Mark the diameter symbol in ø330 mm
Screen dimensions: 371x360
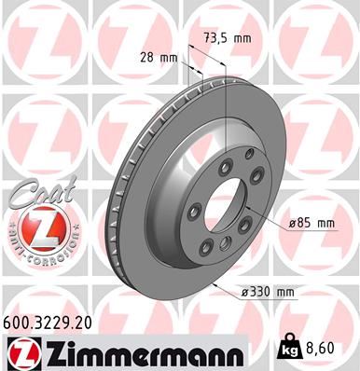[242, 292]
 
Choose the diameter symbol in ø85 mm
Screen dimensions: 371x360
[290, 223]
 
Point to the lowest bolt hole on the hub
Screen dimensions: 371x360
[223, 244]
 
